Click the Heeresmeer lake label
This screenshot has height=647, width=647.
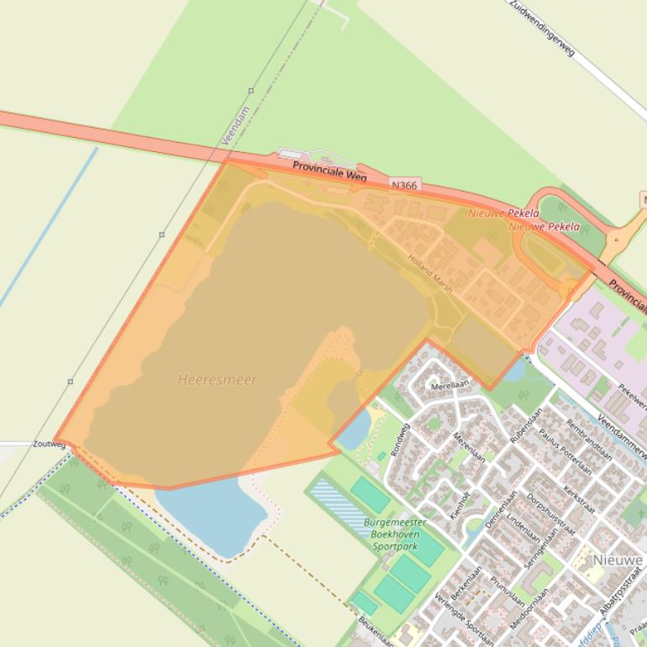217,380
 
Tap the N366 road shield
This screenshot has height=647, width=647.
403,185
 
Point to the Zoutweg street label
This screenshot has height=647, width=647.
49,444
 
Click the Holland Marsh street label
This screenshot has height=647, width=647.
430,274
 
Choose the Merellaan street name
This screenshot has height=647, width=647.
448,384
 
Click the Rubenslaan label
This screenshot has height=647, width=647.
526,425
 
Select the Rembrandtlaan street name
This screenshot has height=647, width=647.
588,440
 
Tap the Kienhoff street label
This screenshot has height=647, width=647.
460,507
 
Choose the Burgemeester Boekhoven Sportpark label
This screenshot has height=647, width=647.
395,534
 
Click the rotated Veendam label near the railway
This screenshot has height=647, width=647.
233,139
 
